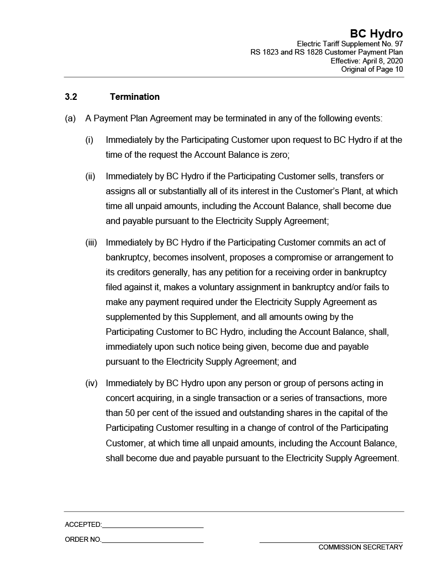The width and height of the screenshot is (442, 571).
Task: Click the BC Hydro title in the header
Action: coord(376,34)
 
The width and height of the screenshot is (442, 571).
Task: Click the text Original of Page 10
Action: coord(372,69)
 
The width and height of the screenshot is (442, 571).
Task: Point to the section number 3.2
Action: coord(71,97)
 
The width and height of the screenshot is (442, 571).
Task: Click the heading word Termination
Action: coord(135,97)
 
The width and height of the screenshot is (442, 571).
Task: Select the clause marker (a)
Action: coord(70,119)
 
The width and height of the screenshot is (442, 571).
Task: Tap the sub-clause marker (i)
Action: coord(90,140)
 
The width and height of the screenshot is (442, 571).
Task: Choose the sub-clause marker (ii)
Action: coord(90,177)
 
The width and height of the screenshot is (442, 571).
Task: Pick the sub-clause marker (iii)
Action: coord(91,242)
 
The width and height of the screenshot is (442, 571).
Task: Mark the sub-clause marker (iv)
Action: coord(91,383)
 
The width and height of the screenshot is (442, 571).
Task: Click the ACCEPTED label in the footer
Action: coord(83,525)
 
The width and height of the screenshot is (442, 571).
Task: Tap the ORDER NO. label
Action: coord(83,540)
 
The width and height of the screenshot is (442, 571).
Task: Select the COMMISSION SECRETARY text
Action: coord(360,547)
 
